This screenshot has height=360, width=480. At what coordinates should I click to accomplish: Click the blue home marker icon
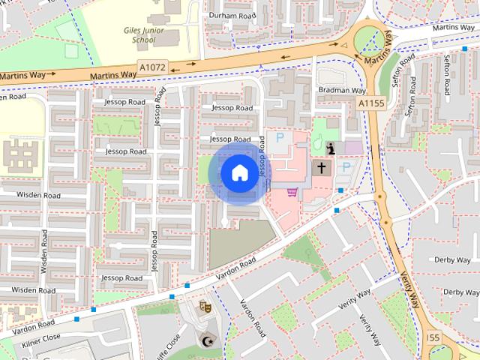[x=238, y=173]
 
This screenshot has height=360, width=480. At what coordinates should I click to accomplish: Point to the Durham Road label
[x=232, y=15]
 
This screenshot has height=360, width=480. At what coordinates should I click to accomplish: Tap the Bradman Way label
[x=341, y=90]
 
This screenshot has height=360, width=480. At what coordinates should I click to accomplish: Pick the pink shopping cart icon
[x=292, y=193]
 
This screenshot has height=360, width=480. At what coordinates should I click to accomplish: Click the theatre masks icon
[x=204, y=306]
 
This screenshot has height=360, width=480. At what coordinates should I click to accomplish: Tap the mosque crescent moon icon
[x=205, y=342]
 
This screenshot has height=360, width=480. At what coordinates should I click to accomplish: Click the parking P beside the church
[x=346, y=168]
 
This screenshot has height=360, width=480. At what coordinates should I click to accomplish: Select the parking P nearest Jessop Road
[x=280, y=138]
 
